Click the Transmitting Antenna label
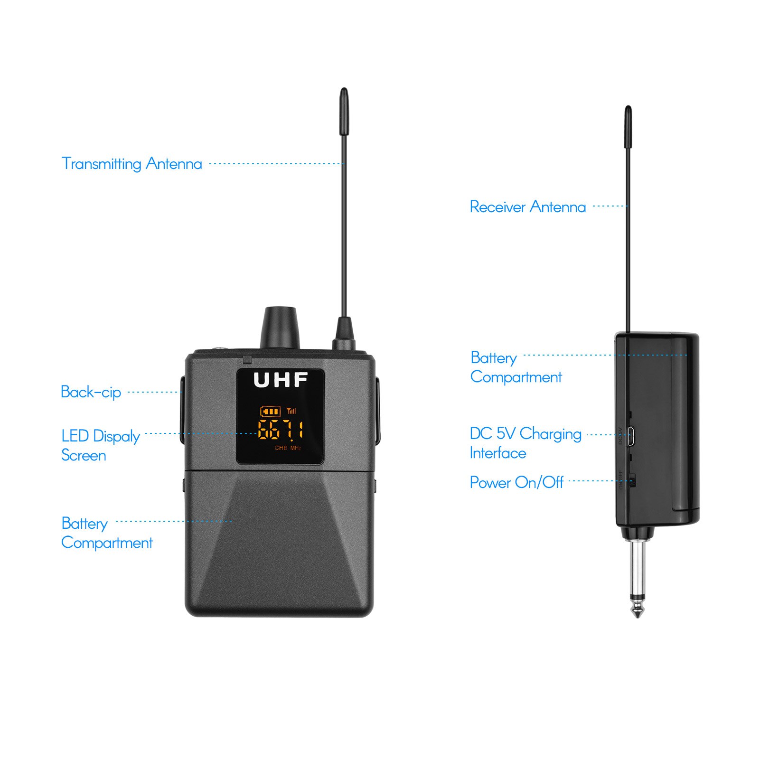(x=132, y=164)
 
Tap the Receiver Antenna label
(x=527, y=207)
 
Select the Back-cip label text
(x=91, y=393)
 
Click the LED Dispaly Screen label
(x=100, y=445)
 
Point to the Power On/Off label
(x=516, y=483)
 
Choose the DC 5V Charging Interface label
(x=525, y=443)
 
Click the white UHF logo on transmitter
(x=281, y=380)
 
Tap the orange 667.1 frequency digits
(x=280, y=430)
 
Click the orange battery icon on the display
(x=270, y=411)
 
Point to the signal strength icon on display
(x=291, y=411)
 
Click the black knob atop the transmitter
(x=280, y=328)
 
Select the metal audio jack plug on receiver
(x=637, y=579)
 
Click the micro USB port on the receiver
(x=631, y=435)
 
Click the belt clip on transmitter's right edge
(x=378, y=411)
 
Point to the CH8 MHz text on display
(x=288, y=448)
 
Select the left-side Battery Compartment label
(x=107, y=533)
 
